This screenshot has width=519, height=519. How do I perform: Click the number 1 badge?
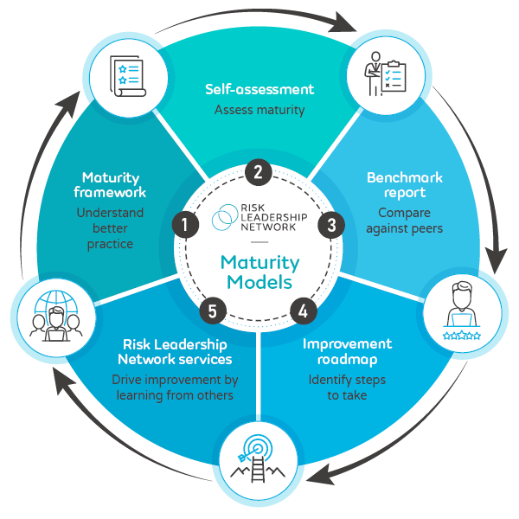[184, 224]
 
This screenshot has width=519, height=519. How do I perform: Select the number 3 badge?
[330, 224]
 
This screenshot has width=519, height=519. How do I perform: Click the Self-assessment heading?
[259, 89]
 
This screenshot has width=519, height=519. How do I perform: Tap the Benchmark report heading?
[404, 184]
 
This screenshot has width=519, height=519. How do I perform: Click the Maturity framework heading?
[110, 184]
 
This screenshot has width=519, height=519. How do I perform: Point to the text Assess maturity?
[259, 110]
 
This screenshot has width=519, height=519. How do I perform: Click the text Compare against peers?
[404, 221]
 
